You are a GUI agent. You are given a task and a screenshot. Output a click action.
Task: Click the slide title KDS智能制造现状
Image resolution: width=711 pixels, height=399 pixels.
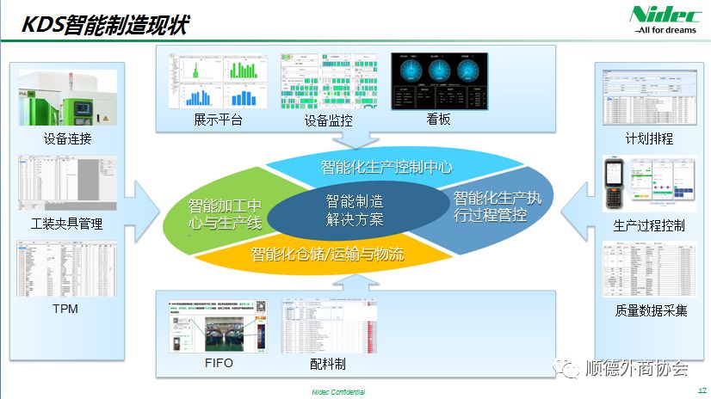pyautogui.click(x=104, y=25)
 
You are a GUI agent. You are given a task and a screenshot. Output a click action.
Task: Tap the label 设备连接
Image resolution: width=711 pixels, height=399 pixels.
pyautogui.click(x=67, y=139)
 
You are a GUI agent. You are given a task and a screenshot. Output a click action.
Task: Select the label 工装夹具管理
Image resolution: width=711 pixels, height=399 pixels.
pyautogui.click(x=66, y=224)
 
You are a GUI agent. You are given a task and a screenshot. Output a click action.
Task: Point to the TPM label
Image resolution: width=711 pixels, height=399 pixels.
pyautogui.click(x=65, y=308)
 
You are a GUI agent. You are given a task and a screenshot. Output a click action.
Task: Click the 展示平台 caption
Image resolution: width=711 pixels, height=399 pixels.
pyautogui.click(x=218, y=120)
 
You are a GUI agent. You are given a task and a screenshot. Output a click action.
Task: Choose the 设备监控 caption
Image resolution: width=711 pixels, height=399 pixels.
pyautogui.click(x=329, y=121)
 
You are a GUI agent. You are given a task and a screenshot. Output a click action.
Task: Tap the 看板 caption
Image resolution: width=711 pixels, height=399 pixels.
pyautogui.click(x=438, y=120)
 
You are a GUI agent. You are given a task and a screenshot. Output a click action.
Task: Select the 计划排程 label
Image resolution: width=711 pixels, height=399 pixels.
pyautogui.click(x=649, y=138)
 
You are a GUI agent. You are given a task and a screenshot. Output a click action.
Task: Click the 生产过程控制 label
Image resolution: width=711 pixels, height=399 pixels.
pyautogui.click(x=649, y=225)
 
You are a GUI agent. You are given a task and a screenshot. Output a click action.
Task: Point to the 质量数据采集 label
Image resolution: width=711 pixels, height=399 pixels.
pyautogui.click(x=651, y=310)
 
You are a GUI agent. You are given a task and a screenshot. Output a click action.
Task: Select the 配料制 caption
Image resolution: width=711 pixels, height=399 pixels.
pyautogui.click(x=328, y=364)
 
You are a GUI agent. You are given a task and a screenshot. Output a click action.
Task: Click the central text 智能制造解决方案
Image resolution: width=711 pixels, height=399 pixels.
pyautogui.click(x=355, y=210)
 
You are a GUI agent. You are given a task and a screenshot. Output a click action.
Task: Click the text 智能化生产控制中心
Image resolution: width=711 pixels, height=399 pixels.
pyautogui.click(x=386, y=166)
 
